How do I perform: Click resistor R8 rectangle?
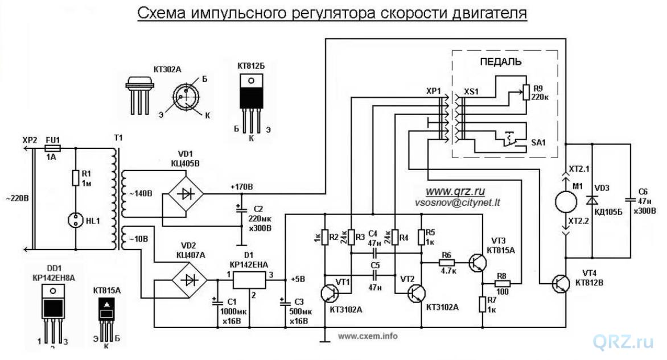[x=501, y=283]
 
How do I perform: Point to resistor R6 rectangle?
[x=448, y=263]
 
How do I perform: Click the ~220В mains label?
[x=15, y=200]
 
